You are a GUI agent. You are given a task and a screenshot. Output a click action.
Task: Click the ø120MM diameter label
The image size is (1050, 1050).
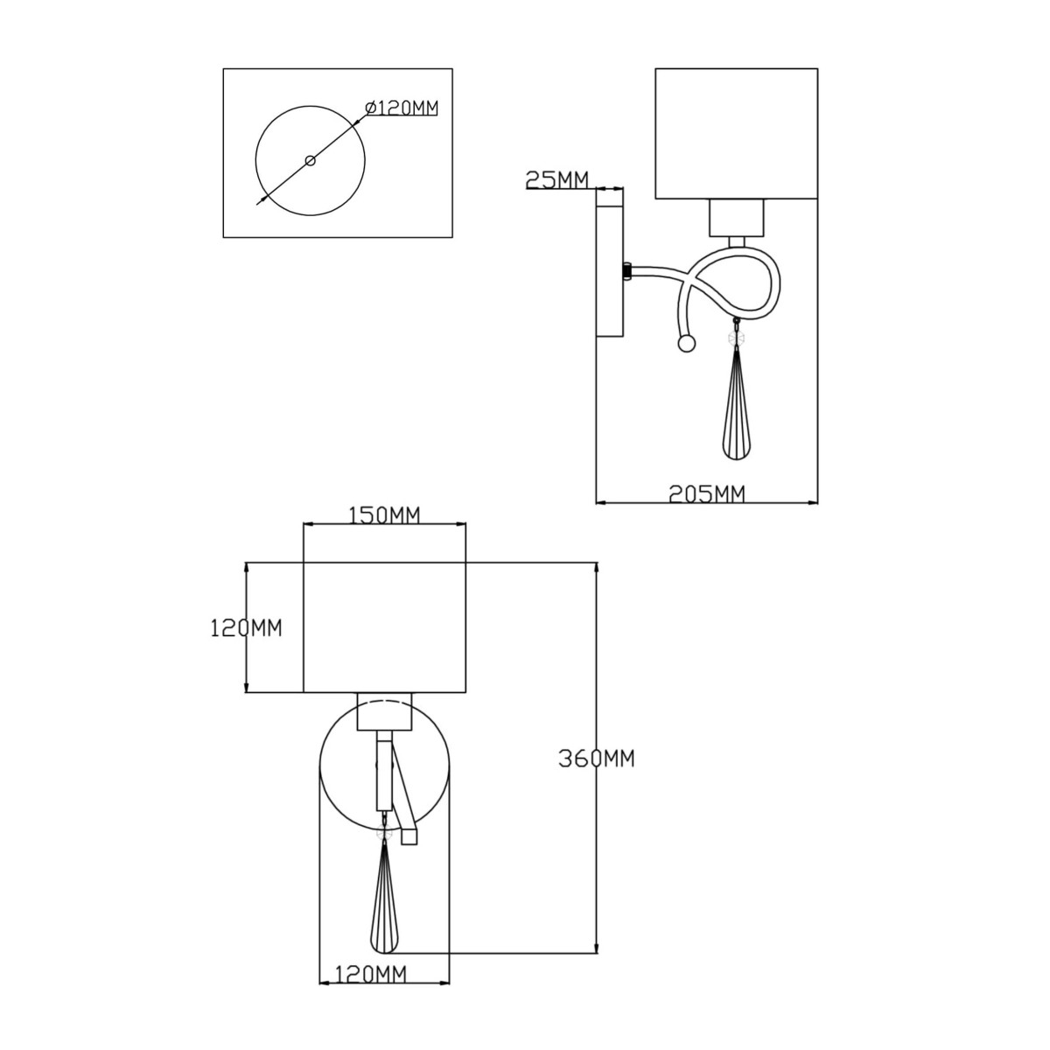pyautogui.click(x=402, y=108)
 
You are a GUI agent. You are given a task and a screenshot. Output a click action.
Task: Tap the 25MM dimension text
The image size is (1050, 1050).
pyautogui.click(x=556, y=179)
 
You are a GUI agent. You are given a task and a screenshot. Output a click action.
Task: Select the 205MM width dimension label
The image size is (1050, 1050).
pyautogui.click(x=706, y=493)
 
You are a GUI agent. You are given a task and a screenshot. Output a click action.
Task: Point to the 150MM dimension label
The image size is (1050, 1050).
pyautogui.click(x=384, y=514)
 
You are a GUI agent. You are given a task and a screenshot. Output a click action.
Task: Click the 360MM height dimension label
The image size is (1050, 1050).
pyautogui.click(x=597, y=759)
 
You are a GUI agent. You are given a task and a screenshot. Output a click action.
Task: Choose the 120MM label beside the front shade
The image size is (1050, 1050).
pyautogui.click(x=246, y=628)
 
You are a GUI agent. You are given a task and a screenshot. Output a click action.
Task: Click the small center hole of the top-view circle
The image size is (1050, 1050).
pyautogui.click(x=311, y=160)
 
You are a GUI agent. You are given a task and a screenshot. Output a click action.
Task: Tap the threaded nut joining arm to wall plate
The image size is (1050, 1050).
pyautogui.click(x=627, y=270)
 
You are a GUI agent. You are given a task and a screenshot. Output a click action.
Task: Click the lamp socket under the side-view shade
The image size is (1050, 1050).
pyautogui.click(x=737, y=217)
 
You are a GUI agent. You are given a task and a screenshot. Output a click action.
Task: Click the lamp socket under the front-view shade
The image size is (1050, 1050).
pyautogui.click(x=385, y=711)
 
